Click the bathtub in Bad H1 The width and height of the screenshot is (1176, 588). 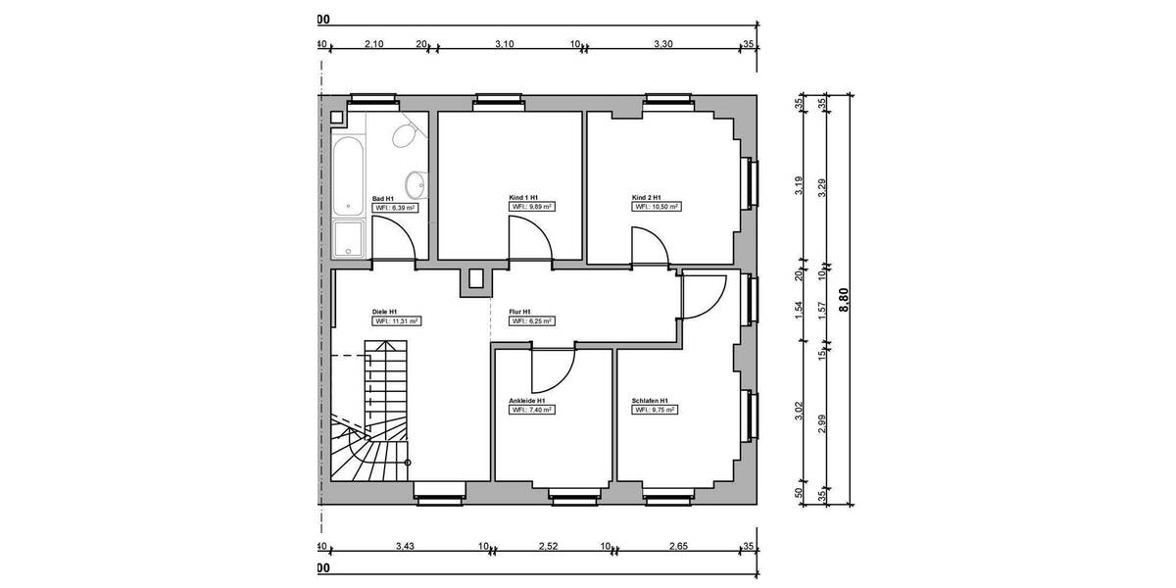pos(349,175)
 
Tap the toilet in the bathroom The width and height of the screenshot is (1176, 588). pos(404,136)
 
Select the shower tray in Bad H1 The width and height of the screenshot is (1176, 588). pos(349,238)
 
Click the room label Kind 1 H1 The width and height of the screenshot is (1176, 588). pos(523,197)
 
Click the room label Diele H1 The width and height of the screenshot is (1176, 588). pos(384,311)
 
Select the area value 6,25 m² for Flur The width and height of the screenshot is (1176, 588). pos(531,320)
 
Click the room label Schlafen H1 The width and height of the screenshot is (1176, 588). pos(651,401)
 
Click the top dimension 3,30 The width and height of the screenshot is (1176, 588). pos(662,44)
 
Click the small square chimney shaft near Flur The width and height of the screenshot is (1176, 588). pos(477,280)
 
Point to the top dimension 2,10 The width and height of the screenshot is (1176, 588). pos(373,44)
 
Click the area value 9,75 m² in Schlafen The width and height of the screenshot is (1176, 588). pos(657,411)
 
